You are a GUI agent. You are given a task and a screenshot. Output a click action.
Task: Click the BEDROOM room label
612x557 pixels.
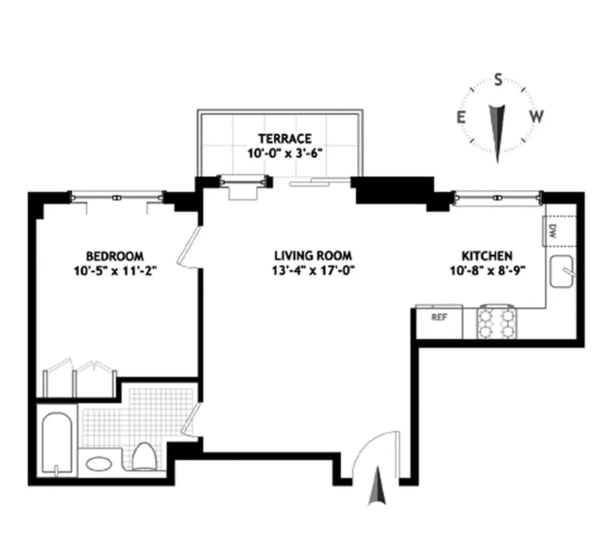pos(114,256)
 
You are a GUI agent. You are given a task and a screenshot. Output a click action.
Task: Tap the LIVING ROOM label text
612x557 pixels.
pos(313,256)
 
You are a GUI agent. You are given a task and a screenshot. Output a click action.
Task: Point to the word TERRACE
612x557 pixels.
pos(285,139)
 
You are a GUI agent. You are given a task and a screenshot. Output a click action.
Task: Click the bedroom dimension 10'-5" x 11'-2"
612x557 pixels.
pos(114,270)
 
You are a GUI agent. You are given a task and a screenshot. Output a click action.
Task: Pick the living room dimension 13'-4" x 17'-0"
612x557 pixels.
pos(313,270)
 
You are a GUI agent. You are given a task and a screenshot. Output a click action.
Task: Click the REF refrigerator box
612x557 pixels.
pos(439,317)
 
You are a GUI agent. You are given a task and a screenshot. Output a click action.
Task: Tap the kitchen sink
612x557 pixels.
pos(561,272)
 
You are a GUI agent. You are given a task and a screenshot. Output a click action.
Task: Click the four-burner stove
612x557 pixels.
pos(497,321)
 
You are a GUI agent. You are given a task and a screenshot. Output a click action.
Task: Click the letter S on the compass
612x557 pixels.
pos(499,79)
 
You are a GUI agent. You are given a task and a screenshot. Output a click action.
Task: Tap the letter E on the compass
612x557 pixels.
pos(460,117)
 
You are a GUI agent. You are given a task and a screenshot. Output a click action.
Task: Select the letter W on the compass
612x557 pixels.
pos(535,117)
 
